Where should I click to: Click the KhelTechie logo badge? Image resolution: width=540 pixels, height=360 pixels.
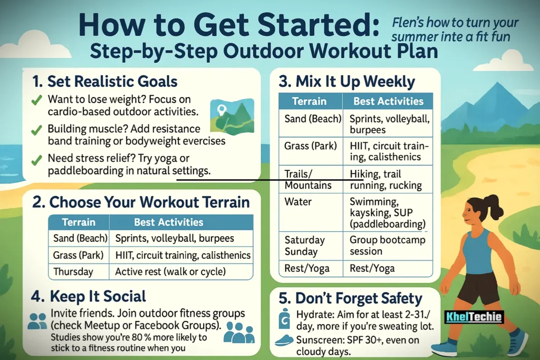[474, 317]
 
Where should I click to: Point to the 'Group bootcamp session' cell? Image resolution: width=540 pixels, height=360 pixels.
[388, 246]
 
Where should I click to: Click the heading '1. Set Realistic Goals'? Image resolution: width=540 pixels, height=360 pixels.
[104, 82]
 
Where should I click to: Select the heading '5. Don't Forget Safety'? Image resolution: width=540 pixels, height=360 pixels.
[350, 298]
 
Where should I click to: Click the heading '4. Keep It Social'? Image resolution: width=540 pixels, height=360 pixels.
[89, 296]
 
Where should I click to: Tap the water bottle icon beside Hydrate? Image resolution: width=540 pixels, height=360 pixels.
[284, 318]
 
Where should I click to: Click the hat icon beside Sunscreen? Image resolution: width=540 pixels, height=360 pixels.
[284, 340]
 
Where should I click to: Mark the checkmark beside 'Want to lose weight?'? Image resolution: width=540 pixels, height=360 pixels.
[36, 100]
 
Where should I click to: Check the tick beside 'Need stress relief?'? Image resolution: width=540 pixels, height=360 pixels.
[36, 160]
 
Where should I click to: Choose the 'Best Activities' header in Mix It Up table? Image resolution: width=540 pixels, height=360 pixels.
[388, 101]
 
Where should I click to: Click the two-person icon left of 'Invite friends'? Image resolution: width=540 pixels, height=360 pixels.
[37, 321]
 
